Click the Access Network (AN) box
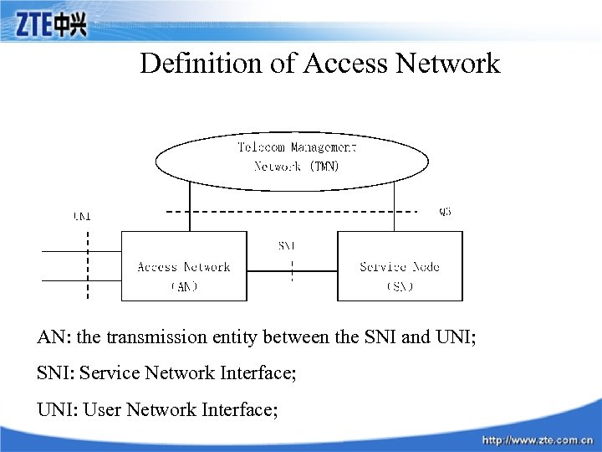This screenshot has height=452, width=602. coord(184,266)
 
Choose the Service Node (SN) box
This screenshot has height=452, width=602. coord(400,266)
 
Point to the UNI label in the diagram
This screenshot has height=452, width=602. coord(82,216)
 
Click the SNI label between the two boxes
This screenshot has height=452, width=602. coord(287,246)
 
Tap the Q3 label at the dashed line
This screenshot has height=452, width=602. coord(445,213)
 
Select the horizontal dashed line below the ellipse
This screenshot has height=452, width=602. coord(293,213)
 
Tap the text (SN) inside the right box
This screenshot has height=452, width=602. coord(400,286)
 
